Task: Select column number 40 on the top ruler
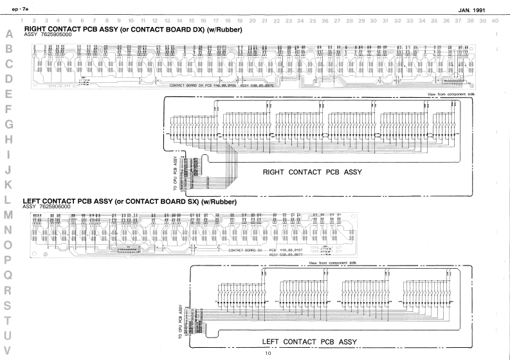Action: coord(494,21)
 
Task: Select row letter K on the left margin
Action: coord(9,184)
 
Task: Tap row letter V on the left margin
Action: coord(9,351)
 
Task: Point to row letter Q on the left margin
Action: coord(9,274)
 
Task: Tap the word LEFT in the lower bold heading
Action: coord(34,201)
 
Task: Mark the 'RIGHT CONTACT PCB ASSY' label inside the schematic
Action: coord(313,172)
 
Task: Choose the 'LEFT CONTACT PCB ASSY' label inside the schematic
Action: coord(309,341)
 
